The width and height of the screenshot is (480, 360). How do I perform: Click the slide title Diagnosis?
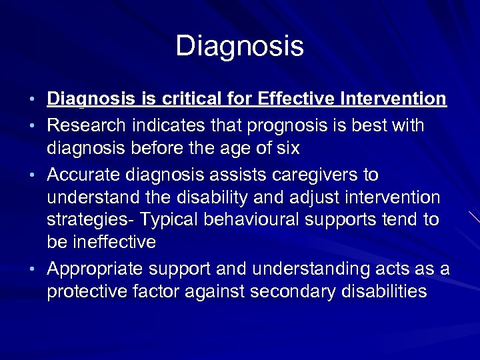(x=239, y=46)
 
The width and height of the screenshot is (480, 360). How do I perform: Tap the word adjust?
(x=314, y=198)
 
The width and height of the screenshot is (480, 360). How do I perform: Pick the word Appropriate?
(x=95, y=269)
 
